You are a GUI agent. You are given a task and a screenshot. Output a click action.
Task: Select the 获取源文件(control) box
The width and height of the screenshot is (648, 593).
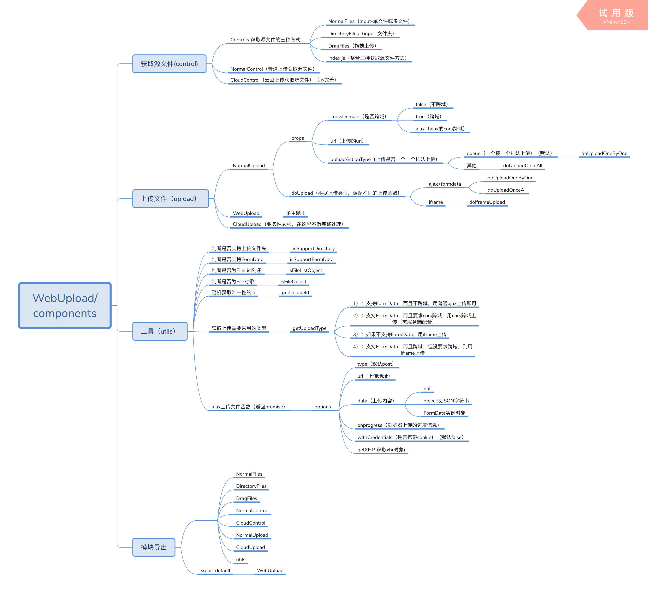(169, 64)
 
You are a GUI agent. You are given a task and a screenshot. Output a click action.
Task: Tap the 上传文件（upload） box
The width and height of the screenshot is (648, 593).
(170, 198)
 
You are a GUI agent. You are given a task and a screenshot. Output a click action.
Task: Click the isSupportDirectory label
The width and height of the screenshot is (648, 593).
(313, 248)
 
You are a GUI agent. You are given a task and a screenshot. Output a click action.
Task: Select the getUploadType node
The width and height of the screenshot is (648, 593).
(310, 328)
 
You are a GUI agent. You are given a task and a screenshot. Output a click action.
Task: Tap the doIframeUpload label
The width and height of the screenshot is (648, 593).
(487, 202)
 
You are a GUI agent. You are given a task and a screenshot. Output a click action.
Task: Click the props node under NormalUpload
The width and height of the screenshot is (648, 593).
(298, 138)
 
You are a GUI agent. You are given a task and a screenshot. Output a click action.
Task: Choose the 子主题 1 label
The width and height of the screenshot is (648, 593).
(295, 213)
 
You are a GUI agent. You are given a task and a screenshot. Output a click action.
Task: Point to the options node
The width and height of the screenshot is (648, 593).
(322, 407)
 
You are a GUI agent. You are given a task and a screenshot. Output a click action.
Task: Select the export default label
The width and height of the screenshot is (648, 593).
(215, 570)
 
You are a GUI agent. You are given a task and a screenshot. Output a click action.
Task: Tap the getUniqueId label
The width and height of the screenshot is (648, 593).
(295, 292)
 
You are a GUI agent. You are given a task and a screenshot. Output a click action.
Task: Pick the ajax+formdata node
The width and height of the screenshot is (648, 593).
(445, 184)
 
